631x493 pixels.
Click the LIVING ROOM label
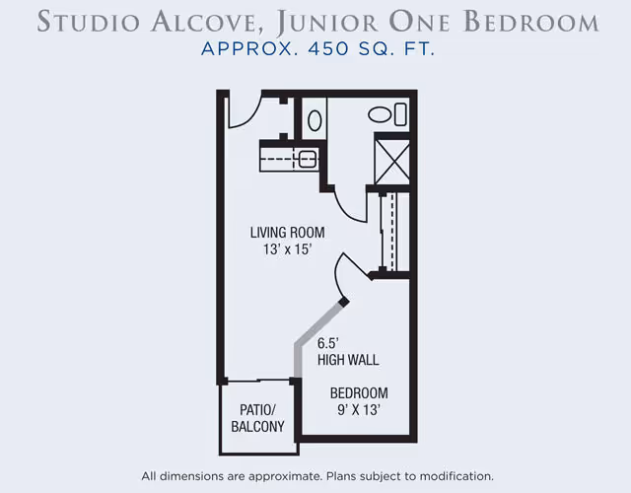[x=287, y=233]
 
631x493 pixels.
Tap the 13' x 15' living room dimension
[x=287, y=249]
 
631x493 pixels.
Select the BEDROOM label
[x=359, y=392]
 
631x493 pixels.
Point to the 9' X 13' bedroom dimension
[x=359, y=410]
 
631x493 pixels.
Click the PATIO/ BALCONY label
[x=257, y=418]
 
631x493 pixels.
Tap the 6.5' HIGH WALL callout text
[x=348, y=351]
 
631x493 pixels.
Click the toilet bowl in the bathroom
[x=380, y=114]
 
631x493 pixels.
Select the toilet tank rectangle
[x=400, y=114]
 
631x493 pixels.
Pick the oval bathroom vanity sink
[x=315, y=120]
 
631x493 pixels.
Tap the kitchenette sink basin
[x=307, y=159]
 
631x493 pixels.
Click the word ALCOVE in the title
[x=204, y=22]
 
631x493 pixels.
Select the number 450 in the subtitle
[x=328, y=49]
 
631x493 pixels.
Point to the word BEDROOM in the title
[x=531, y=22]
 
